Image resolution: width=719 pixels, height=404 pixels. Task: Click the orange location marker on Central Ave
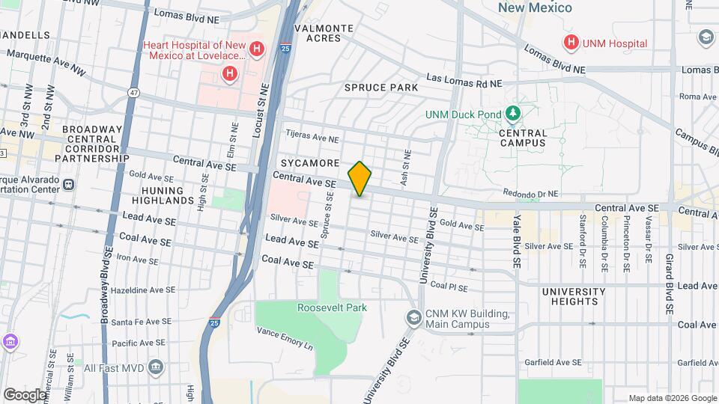359,178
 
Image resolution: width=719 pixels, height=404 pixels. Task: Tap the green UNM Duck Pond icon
513,114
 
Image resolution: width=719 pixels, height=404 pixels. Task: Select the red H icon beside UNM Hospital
571,43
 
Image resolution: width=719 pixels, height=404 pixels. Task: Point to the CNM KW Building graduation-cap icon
413,318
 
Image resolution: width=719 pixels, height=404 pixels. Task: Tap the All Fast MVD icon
156,367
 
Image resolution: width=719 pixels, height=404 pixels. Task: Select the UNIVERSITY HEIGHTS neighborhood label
573,296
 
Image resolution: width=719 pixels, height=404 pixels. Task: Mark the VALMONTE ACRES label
323,33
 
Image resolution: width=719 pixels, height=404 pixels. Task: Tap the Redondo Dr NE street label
531,192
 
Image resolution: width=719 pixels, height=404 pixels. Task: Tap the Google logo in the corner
24,394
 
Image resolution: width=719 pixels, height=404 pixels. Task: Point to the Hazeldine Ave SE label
142,290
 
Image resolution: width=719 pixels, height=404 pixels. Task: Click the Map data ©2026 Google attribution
672,398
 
